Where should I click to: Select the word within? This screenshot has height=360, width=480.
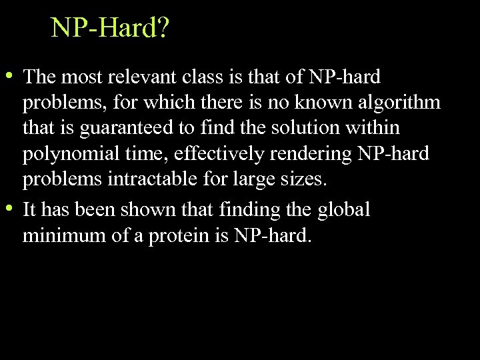click(x=375, y=129)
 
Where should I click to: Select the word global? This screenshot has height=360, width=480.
click(x=343, y=209)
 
